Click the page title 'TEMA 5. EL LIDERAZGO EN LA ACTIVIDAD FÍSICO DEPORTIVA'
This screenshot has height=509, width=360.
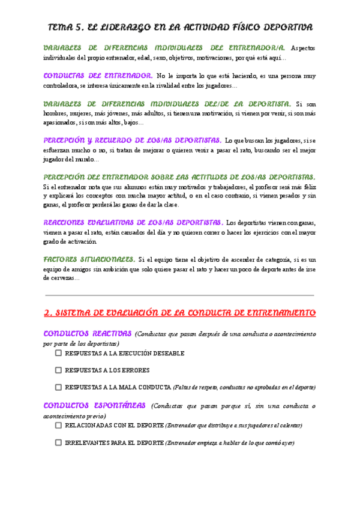pyautogui.click(x=179, y=28)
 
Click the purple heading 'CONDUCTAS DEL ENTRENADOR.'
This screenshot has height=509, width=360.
pyautogui.click(x=98, y=76)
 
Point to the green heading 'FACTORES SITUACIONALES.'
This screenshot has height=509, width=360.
pyautogui.click(x=90, y=259)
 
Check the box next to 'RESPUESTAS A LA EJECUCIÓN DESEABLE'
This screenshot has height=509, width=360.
pyautogui.click(x=58, y=354)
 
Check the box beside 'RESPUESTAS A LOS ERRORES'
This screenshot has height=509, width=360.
pyautogui.click(x=58, y=370)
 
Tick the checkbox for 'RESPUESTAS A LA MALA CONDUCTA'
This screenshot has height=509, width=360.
pyautogui.click(x=58, y=387)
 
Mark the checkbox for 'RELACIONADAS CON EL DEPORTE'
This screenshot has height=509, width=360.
pyautogui.click(x=58, y=425)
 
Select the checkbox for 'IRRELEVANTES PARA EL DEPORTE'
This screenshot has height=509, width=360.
pyautogui.click(x=58, y=442)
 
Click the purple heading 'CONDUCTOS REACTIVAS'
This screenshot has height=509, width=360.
pyautogui.click(x=88, y=333)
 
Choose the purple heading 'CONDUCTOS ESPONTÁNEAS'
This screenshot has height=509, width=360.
pyautogui.click(x=95, y=405)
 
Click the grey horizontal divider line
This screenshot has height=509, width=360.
pyautogui.click(x=179, y=295)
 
